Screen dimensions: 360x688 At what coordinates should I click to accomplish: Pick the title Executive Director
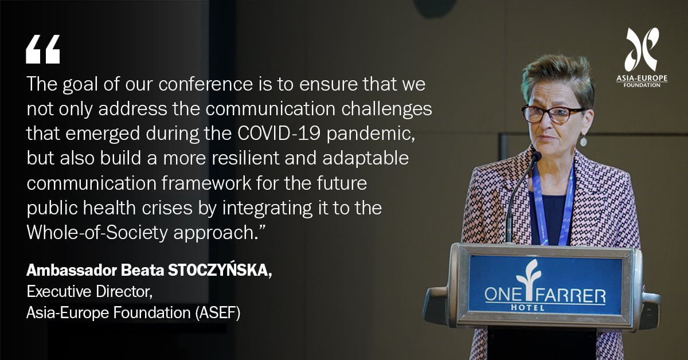[89, 292]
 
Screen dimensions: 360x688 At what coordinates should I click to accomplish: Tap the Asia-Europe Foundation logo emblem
[642, 49]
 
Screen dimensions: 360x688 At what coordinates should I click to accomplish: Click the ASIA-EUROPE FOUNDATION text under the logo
[642, 81]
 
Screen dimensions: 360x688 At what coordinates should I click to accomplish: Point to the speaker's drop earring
[583, 140]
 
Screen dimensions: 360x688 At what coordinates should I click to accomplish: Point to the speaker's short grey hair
[556, 75]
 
